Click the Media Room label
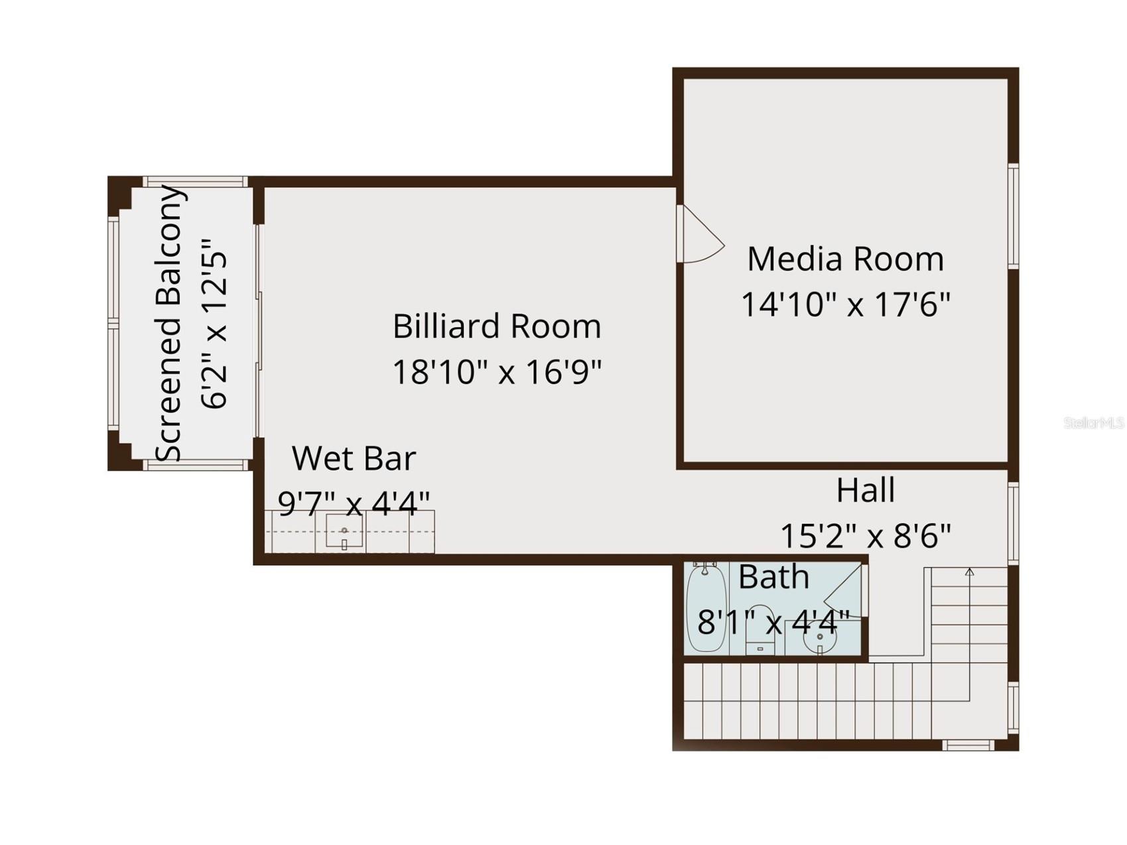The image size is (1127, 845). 845,259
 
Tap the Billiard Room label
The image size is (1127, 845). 496,326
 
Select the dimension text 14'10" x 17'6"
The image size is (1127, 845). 845,305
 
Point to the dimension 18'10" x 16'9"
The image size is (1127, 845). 496,372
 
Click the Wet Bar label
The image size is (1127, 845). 354,458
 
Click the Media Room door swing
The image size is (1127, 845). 700,235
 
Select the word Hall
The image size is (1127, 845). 865,491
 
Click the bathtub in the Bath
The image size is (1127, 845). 706,608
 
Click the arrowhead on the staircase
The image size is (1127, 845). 969,571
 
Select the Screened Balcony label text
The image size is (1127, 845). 169,324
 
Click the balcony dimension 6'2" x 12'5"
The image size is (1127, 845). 215,324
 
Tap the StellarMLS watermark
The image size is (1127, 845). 1093,422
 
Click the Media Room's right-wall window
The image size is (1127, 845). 1012,216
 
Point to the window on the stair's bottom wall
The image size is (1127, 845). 968,745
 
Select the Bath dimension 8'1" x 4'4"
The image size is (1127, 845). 773,622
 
